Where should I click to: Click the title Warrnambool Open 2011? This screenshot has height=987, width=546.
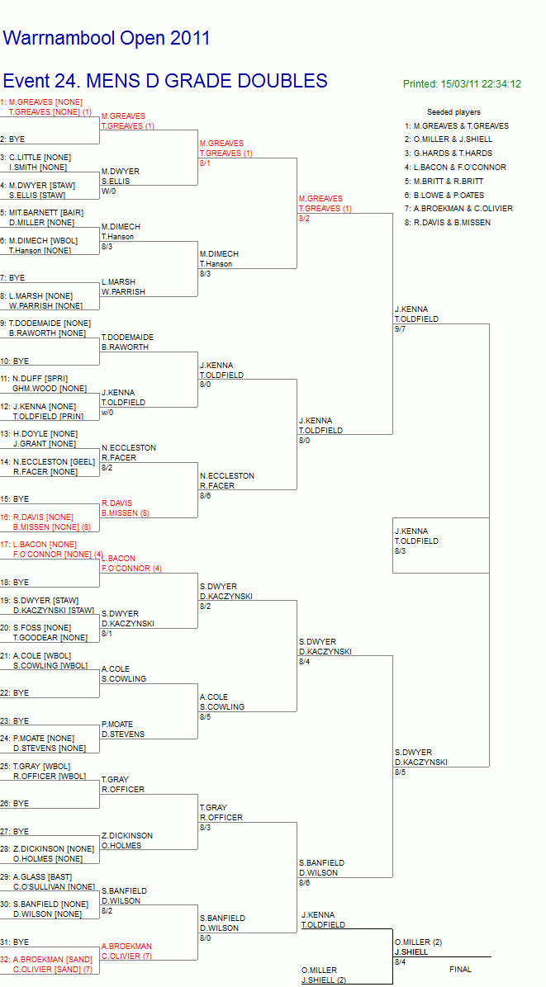tap(107, 39)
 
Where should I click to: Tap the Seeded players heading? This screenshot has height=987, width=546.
tap(453, 112)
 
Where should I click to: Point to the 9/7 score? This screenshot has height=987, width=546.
tap(401, 329)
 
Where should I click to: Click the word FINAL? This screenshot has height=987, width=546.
tap(460, 970)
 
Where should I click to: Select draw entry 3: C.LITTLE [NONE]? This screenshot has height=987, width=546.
tap(36, 157)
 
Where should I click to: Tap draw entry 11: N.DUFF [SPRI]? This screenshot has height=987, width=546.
tap(34, 378)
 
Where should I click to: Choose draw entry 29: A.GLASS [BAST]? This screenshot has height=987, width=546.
tap(36, 877)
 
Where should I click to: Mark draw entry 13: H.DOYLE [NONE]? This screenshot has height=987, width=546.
tap(39, 434)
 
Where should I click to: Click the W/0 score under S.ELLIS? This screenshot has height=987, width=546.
tap(108, 191)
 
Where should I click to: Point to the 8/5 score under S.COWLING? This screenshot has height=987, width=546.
tap(206, 716)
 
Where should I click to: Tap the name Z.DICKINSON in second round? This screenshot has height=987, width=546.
tap(127, 835)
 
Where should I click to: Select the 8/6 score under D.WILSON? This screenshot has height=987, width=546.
tap(305, 882)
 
